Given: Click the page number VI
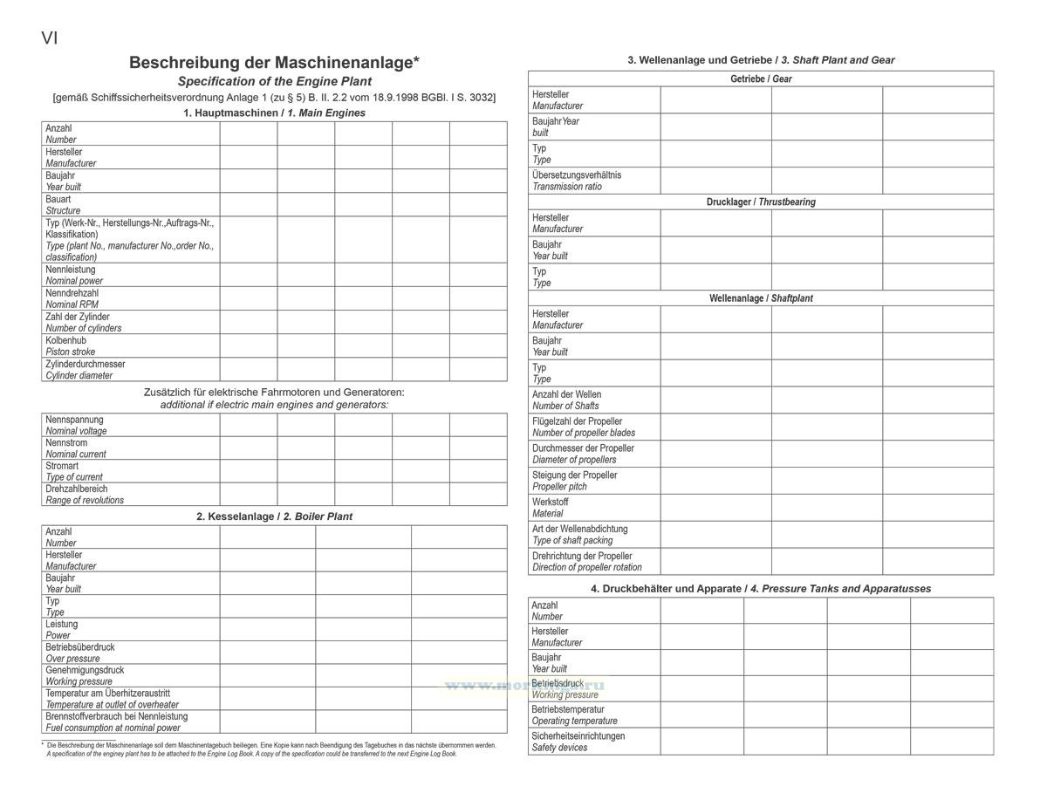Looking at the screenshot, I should tap(50, 38).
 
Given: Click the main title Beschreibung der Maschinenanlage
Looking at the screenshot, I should tap(274, 63).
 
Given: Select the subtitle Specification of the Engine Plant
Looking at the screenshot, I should tap(274, 81).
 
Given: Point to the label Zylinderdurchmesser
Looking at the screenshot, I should tap(86, 364).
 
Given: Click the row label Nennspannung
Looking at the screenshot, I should tap(74, 420).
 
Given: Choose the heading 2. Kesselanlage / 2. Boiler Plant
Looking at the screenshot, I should tap(274, 516).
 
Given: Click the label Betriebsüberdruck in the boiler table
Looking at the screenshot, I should tap(80, 647).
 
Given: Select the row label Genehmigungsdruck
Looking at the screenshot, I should tap(85, 670).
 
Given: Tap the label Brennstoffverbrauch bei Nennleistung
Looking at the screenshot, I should tap(116, 716).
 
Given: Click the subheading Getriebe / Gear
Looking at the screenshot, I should tap(761, 79).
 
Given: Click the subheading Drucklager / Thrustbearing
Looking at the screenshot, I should tap(761, 202).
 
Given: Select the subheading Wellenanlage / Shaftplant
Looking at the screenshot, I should tap(761, 298).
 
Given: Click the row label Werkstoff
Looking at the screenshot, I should tap(551, 503).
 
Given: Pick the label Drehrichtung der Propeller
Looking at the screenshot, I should tap(582, 556).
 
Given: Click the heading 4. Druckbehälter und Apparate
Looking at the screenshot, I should tap(761, 589).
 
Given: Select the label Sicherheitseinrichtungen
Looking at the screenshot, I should tap(578, 735).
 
